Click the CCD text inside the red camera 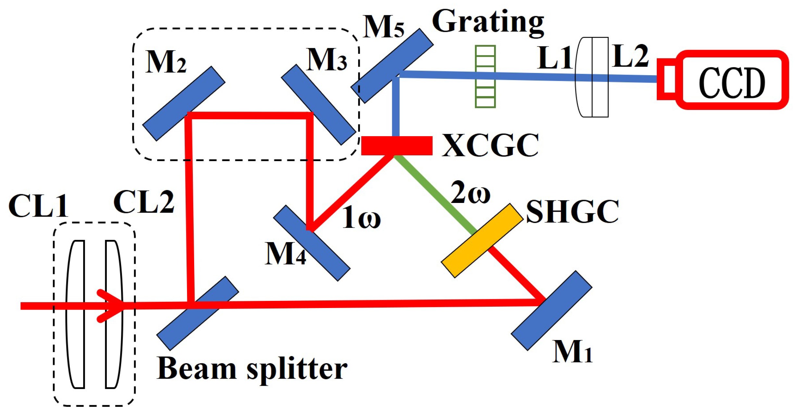coord(732,83)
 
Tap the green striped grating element coord(485,77)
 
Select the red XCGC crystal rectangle coord(397,146)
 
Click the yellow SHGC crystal coord(482,241)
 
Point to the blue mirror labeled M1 coord(552,311)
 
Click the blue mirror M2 coord(184,103)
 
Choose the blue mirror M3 coord(318,104)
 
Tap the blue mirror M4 coord(312,243)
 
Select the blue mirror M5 coord(392,66)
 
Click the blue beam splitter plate coord(197,313)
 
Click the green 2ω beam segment coord(435,195)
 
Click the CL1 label coord(38,206)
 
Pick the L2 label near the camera coord(630,56)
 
